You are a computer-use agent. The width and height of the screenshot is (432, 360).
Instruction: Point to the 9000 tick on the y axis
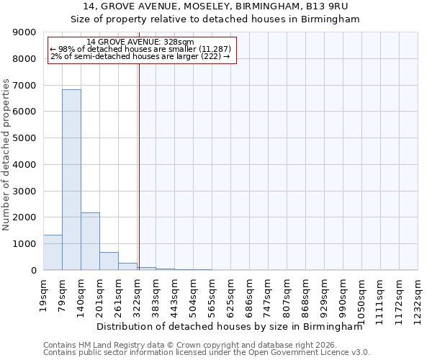point(26,32)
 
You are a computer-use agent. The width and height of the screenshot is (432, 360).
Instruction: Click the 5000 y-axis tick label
point(26,138)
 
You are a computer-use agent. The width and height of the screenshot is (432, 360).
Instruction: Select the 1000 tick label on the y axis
point(26,244)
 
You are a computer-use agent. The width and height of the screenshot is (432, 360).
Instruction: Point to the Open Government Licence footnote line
point(207,353)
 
